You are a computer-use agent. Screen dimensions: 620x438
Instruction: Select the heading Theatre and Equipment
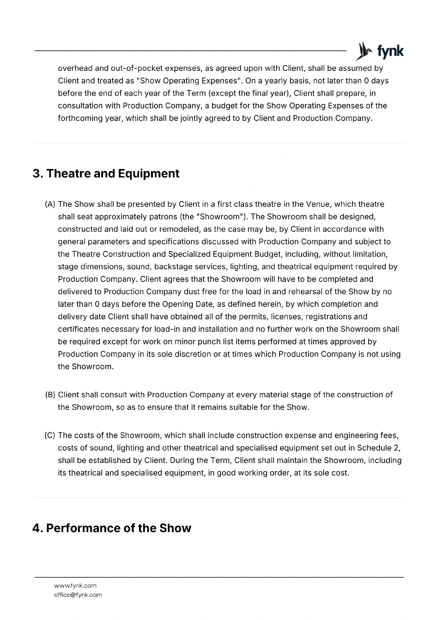tap(106, 173)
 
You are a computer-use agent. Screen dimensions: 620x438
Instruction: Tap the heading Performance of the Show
tap(112, 528)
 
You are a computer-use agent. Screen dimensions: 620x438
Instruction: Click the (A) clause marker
tap(50, 204)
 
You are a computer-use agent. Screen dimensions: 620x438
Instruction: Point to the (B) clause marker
tap(50, 395)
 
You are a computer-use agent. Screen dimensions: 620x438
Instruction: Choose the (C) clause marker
tap(50, 436)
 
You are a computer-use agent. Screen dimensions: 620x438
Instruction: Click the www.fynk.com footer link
tap(75, 586)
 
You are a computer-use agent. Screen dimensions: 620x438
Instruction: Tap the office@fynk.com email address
tap(78, 595)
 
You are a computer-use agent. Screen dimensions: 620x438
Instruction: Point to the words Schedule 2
tap(378, 448)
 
